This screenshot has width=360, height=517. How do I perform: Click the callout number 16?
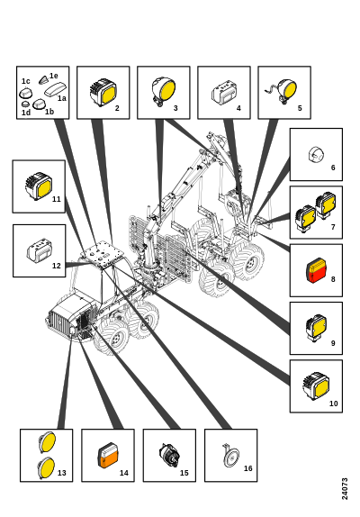coord(247,468)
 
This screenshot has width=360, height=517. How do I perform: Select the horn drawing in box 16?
coord(231,456)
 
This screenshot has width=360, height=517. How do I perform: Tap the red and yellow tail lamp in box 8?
coord(317,270)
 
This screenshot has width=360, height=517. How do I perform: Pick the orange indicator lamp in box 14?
coord(108,456)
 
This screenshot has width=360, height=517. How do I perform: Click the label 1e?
coord(54,76)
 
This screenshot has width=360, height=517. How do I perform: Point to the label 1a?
coord(62,98)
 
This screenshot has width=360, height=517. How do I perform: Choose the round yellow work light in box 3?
coord(164,91)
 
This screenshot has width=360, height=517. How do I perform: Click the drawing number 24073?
coord(345,489)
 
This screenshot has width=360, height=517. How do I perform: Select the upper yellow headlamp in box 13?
coord(48,442)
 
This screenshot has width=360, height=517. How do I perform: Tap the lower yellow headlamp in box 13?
coord(46,467)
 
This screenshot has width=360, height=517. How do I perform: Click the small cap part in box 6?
coord(316,154)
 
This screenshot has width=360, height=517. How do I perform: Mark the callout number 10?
coord(334,404)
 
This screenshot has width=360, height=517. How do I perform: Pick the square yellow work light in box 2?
coord(103,92)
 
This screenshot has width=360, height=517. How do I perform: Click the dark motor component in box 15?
coord(169,456)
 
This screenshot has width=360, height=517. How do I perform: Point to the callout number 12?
coord(57,266)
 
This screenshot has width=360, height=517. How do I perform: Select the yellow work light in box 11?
coord(39,186)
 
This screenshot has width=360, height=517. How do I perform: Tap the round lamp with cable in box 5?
coord(283,91)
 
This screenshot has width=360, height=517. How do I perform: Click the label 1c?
coord(26,81)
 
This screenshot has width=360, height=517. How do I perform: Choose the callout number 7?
coord(333,227)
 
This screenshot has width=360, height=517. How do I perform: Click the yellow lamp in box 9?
coord(316,328)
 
